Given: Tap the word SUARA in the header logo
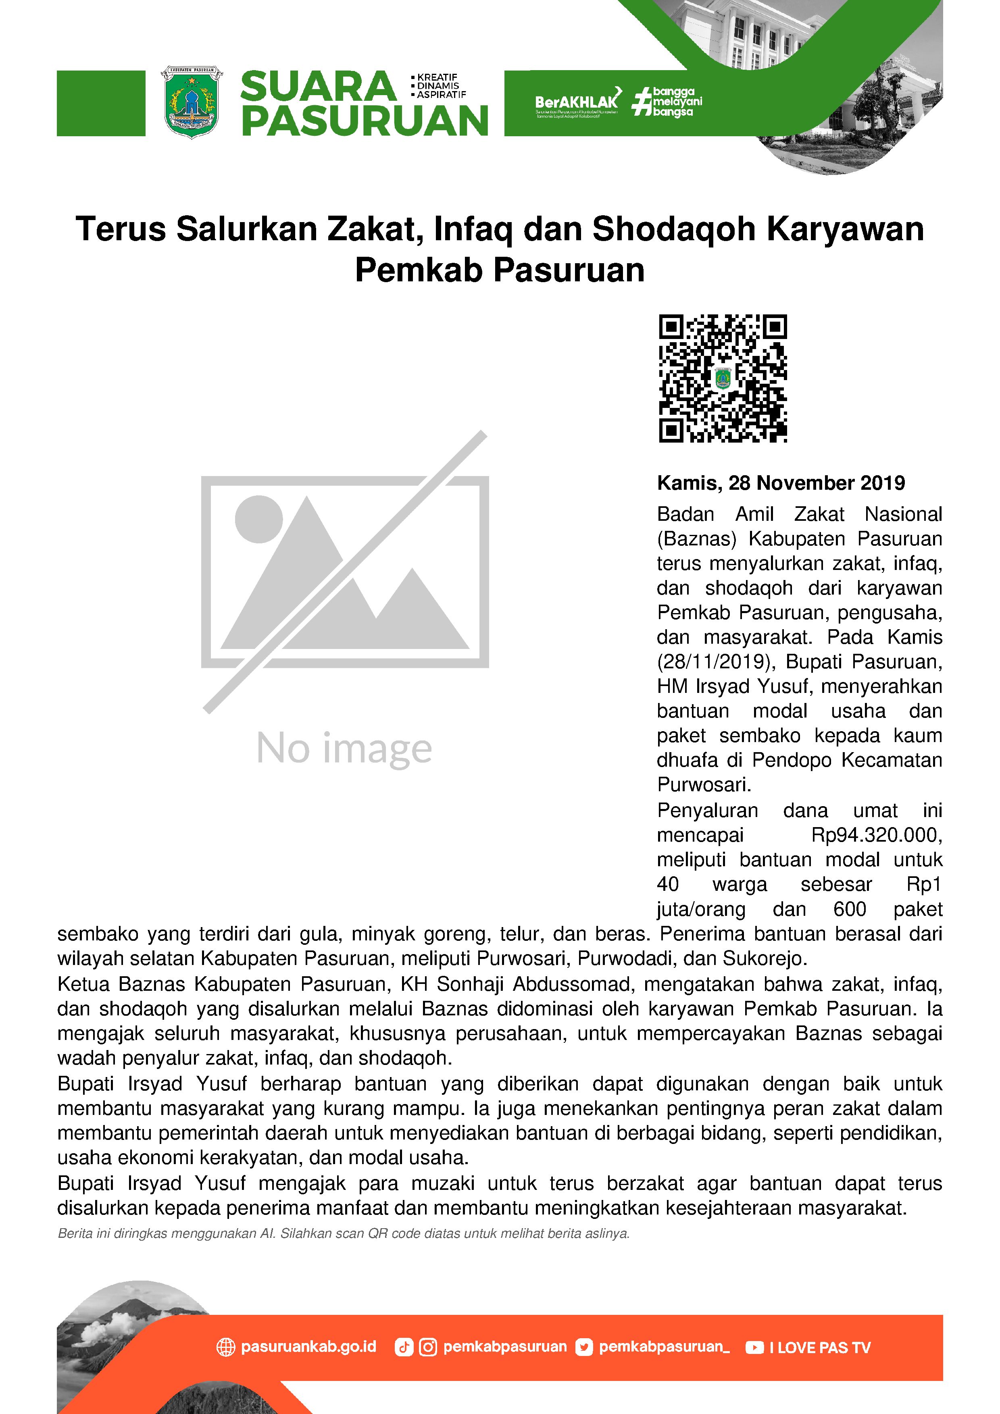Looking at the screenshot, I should click(x=318, y=86).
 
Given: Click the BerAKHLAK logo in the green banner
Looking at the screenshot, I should click(x=576, y=102).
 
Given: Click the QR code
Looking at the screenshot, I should click(x=723, y=378).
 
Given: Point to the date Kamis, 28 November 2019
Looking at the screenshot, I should click(x=781, y=483).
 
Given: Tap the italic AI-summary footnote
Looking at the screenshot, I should click(x=343, y=1233).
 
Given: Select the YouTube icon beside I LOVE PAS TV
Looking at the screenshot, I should click(x=754, y=1347).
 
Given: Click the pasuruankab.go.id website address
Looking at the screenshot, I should click(x=308, y=1347).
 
